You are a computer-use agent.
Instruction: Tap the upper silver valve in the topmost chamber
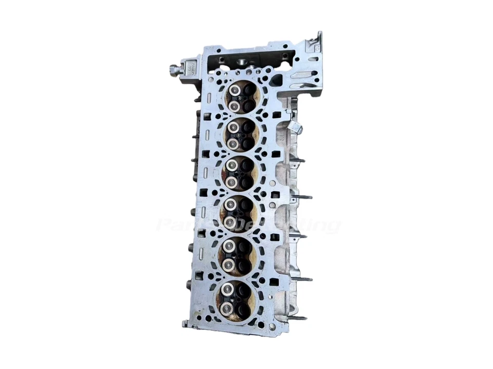pyautogui.click(x=235, y=91)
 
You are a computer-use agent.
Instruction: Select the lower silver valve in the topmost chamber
pyautogui.click(x=234, y=106)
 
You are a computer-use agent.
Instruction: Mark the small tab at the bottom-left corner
pyautogui.click(x=185, y=324)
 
